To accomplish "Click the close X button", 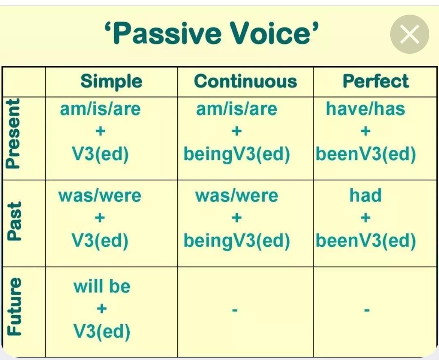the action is (x=410, y=34).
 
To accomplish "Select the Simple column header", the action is (x=111, y=81).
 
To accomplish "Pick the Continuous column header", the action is (x=245, y=81).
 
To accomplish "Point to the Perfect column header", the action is (x=376, y=81).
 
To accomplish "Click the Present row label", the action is (x=13, y=134).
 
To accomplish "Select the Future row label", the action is (x=14, y=306).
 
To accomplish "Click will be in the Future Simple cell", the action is (x=102, y=286).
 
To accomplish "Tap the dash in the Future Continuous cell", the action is (x=235, y=310).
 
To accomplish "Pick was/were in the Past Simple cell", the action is (x=100, y=196).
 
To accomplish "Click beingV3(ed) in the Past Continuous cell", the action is (x=237, y=241).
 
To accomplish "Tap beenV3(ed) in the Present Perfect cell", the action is (x=366, y=154).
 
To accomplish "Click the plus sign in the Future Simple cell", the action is (x=102, y=309).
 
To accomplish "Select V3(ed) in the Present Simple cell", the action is (x=100, y=154).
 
